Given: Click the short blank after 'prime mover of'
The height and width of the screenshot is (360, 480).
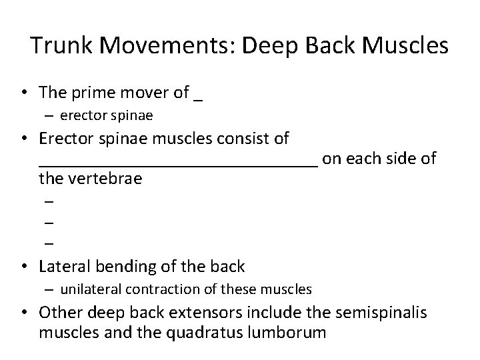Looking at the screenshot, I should (x=197, y=97).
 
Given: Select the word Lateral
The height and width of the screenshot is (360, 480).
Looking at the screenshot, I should (x=65, y=267).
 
